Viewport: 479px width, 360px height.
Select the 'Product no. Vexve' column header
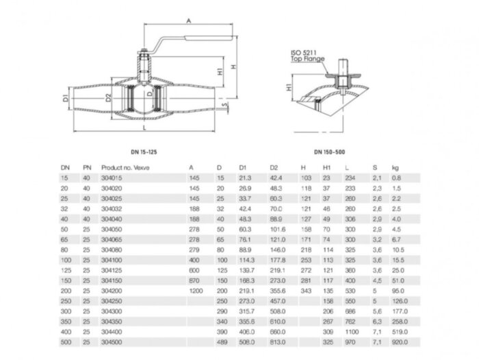pos(125,167)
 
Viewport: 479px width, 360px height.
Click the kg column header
pos(395,167)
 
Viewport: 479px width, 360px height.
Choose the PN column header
pos(87,167)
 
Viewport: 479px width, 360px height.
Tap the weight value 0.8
pos(396,178)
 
